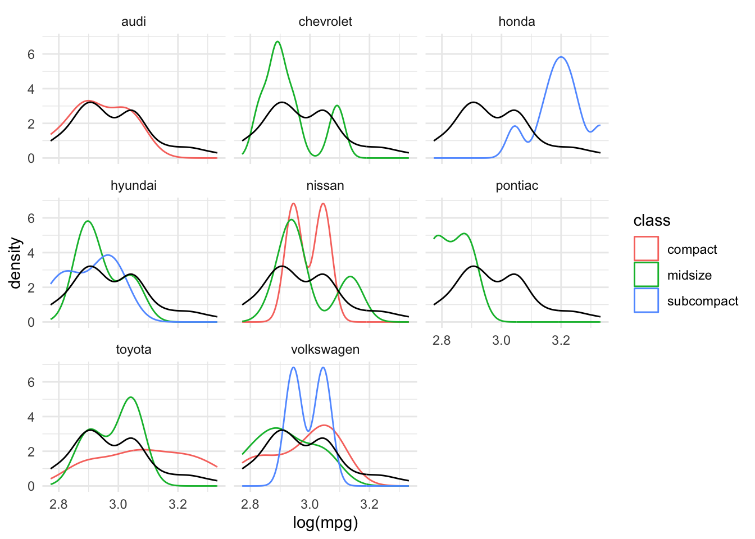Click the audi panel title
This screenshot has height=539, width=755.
(x=134, y=22)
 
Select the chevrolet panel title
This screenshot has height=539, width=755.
(x=325, y=22)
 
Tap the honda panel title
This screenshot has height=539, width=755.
(x=516, y=22)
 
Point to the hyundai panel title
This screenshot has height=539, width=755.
(x=134, y=186)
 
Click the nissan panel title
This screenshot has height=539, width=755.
(x=325, y=186)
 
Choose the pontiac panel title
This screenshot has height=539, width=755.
(x=516, y=186)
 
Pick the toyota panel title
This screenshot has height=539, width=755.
(x=134, y=350)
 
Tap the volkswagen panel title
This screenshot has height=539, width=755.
(x=325, y=350)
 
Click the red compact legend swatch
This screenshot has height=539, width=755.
(x=646, y=249)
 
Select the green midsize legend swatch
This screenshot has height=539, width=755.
(x=646, y=275)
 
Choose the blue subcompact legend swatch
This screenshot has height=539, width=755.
(x=646, y=301)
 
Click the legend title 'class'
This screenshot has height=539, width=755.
(x=652, y=221)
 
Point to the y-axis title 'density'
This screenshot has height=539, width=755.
(x=15, y=263)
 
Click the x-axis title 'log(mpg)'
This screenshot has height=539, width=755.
(x=325, y=523)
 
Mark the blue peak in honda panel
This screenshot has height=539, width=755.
(x=561, y=57)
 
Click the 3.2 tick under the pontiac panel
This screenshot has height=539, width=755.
(x=561, y=340)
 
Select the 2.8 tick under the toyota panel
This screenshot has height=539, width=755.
(x=58, y=504)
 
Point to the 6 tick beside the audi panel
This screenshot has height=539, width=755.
(x=31, y=54)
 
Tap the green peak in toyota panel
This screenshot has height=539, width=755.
(x=131, y=398)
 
